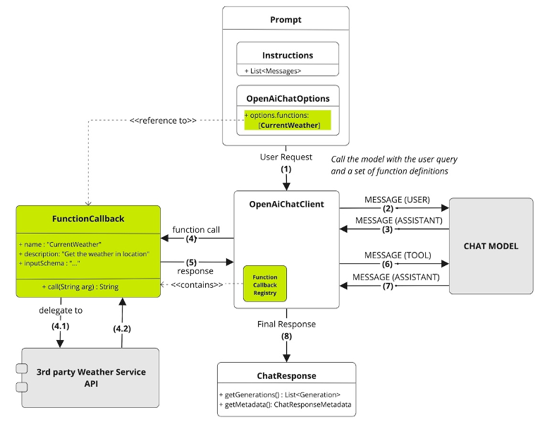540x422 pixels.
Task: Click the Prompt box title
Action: [x=286, y=20]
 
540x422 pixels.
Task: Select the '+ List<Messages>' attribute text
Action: [x=273, y=71]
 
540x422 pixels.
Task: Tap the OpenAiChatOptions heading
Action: [x=288, y=99]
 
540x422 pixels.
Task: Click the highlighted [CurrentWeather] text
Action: [x=289, y=125]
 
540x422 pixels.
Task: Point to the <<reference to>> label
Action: [x=163, y=121]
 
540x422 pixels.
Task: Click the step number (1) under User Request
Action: [x=286, y=169]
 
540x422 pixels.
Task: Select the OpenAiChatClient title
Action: [x=286, y=204]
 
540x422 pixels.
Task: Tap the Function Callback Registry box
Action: [x=265, y=284]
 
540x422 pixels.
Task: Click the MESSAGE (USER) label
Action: [x=397, y=200]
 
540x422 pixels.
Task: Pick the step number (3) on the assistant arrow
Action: [x=388, y=229]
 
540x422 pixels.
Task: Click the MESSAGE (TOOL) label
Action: [x=398, y=255]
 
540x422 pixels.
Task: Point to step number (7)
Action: [x=388, y=286]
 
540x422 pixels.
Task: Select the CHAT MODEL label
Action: [x=491, y=246]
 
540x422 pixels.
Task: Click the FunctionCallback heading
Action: [x=88, y=219]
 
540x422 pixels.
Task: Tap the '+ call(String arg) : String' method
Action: [x=80, y=287]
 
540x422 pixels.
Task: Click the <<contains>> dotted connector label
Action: [x=197, y=285]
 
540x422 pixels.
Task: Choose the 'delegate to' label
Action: [x=61, y=311]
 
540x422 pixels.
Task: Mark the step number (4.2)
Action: [x=122, y=329]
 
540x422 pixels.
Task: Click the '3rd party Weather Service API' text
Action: [x=91, y=378]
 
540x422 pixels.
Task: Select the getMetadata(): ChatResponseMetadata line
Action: [x=285, y=404]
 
